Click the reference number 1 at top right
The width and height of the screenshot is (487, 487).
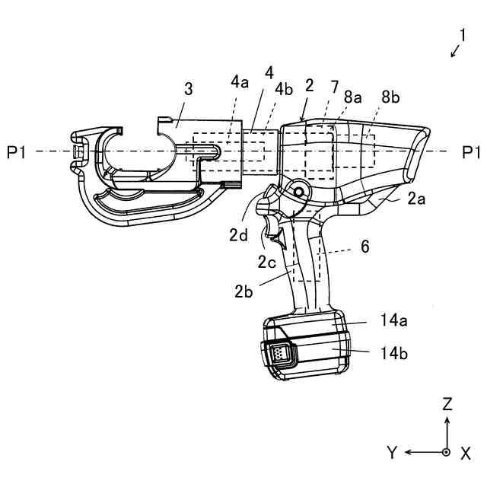462,34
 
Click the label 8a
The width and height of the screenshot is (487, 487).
352,97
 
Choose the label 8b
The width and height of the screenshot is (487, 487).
390,97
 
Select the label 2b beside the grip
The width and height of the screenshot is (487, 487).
244,290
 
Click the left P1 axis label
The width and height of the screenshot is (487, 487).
17,153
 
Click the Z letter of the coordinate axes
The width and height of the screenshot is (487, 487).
447,404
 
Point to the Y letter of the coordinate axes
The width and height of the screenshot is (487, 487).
391,453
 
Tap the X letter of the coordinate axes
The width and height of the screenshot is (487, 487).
465,453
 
